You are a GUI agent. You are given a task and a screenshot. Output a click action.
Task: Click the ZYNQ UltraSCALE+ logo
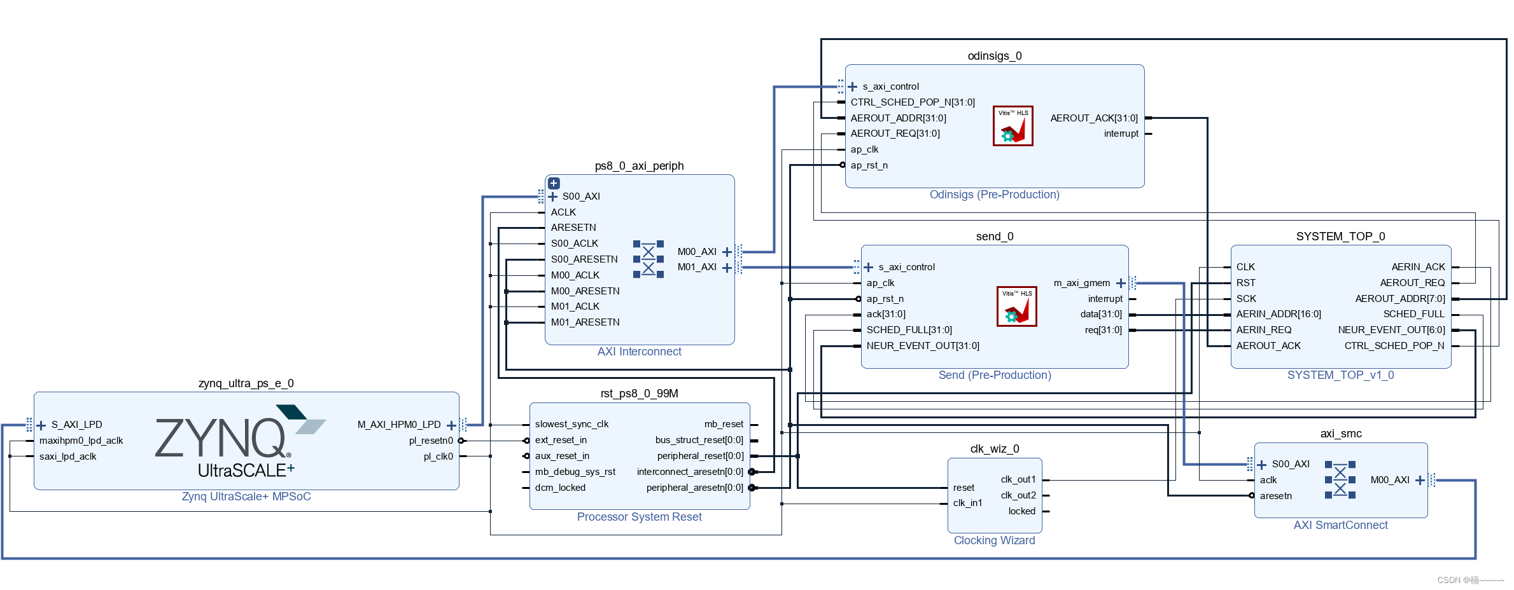241,441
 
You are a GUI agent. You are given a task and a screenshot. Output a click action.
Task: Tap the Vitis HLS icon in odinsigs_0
1013,126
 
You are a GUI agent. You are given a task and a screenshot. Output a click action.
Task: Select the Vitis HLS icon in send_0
1016,306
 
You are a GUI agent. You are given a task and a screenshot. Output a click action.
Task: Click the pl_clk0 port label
438,456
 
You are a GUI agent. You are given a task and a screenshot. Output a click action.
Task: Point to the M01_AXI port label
697,267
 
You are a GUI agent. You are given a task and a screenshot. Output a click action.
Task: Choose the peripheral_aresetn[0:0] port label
694,488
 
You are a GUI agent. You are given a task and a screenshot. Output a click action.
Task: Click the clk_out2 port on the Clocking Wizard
1018,495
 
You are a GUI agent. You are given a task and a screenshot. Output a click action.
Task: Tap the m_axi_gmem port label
1082,283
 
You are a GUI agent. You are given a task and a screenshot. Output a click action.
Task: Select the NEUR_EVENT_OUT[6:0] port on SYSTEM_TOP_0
1392,330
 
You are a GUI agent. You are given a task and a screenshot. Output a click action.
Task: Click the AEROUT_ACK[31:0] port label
1094,118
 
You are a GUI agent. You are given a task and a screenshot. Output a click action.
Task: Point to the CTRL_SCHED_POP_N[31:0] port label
913,102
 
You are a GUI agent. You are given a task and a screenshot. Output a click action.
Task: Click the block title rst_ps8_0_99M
639,394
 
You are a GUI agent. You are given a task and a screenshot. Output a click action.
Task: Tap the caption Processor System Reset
639,517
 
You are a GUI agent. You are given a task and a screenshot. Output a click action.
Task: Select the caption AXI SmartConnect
1340,525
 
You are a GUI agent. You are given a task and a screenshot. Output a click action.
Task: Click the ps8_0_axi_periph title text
639,166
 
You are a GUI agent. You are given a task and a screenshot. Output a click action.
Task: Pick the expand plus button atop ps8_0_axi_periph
554,183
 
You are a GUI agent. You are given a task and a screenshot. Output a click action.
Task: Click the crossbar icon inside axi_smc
1340,480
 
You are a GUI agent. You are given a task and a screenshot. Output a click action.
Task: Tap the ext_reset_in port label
561,440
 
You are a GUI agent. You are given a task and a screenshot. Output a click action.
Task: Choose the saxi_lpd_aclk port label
67,456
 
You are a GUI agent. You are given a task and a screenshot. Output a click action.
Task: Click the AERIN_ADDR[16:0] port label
1279,314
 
